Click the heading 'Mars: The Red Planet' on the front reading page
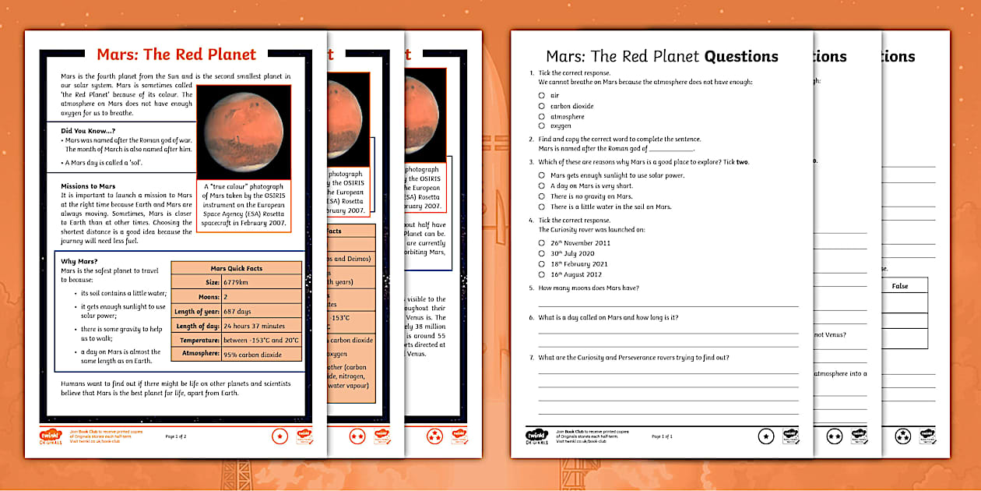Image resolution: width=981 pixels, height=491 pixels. (176, 55)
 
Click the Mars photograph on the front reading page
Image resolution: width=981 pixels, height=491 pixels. (244, 132)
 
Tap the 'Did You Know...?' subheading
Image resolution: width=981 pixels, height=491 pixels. (88, 130)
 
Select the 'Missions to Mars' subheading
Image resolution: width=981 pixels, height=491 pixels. (88, 186)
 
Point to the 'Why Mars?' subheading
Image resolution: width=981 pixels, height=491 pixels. (79, 261)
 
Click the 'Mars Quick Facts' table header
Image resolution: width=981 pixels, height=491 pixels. (237, 268)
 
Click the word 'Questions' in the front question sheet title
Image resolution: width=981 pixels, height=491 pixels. (741, 56)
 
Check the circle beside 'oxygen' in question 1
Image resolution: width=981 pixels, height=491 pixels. (541, 125)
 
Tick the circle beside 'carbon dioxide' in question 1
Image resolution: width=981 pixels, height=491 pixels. (541, 106)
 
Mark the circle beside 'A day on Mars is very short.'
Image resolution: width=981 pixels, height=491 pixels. (541, 186)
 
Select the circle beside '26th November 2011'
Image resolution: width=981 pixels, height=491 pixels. (541, 243)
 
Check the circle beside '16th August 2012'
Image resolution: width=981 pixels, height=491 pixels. (541, 274)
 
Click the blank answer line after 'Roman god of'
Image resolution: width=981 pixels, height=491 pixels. (670, 150)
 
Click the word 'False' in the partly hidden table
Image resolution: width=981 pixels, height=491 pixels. (900, 286)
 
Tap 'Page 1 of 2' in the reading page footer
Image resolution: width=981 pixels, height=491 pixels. (176, 436)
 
